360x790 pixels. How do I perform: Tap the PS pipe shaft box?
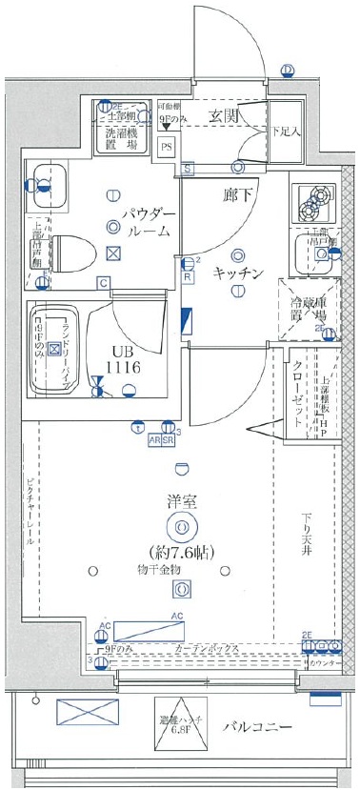point(167,147)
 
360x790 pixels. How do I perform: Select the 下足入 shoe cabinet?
point(284,130)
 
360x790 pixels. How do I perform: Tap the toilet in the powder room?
point(76,253)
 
